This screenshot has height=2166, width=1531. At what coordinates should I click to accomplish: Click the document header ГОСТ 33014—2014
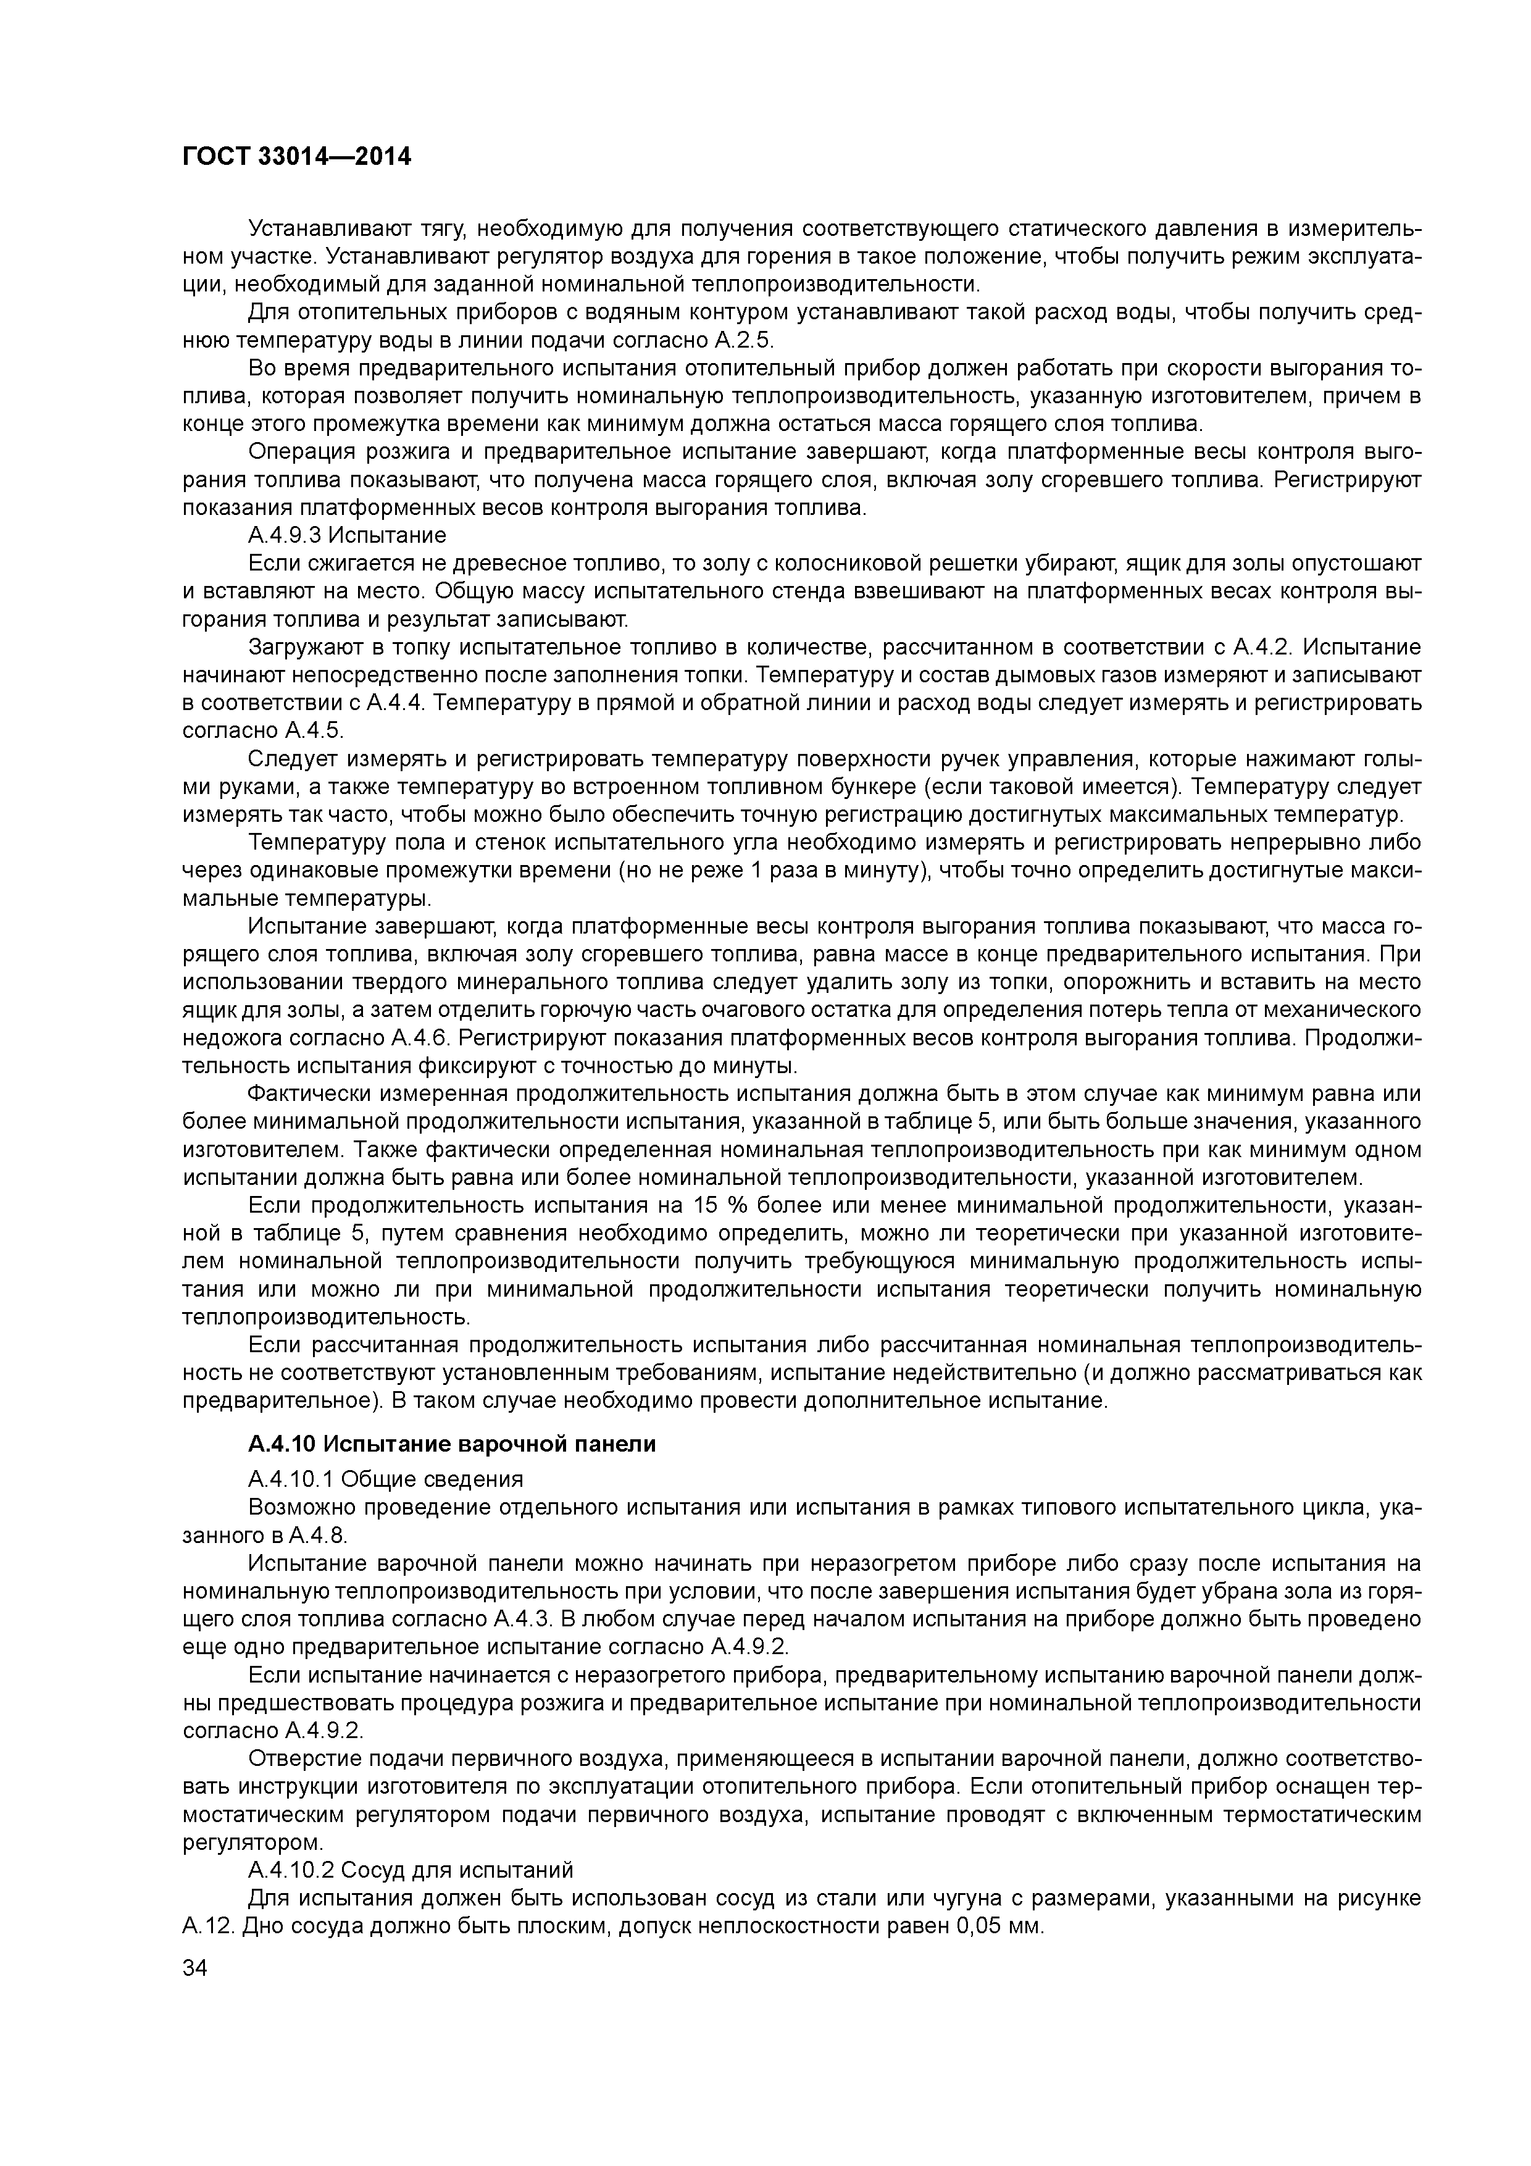pyautogui.click(x=296, y=157)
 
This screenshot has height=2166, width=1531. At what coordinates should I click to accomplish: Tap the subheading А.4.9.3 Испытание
pyautogui.click(x=346, y=535)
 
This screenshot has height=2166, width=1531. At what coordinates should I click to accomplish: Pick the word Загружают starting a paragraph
pyautogui.click(x=302, y=647)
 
